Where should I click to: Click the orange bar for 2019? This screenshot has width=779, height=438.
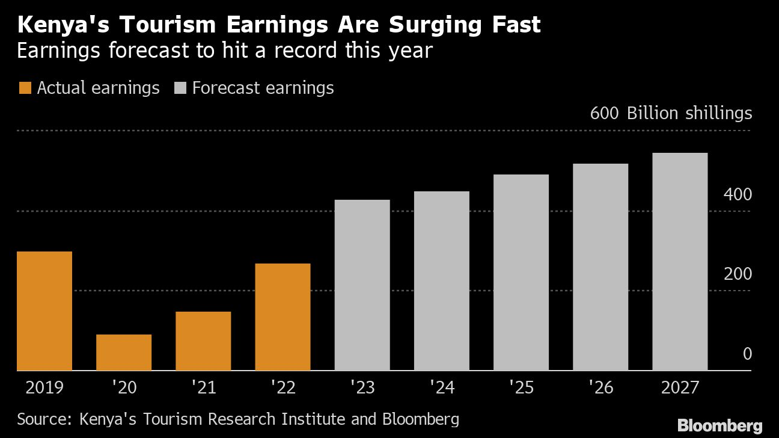pyautogui.click(x=44, y=310)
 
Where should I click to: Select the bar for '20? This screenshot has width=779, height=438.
pyautogui.click(x=124, y=352)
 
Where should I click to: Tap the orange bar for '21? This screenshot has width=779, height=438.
pyautogui.click(x=203, y=341)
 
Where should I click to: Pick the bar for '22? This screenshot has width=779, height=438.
pyautogui.click(x=283, y=316)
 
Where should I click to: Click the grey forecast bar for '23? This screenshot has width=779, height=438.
pyautogui.click(x=362, y=285)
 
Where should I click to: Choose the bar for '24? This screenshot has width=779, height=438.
pyautogui.click(x=441, y=280)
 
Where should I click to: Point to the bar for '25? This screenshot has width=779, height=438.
pyautogui.click(x=521, y=272)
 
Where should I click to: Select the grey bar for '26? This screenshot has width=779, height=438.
pyautogui.click(x=600, y=267)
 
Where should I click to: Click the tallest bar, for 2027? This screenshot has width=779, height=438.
pyautogui.click(x=679, y=261)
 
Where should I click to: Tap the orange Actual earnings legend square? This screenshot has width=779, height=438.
pyautogui.click(x=25, y=88)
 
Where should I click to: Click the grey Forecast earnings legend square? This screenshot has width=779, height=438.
pyautogui.click(x=180, y=88)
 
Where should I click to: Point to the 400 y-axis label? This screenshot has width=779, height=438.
pyautogui.click(x=738, y=194)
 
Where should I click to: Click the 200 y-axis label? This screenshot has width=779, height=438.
pyautogui.click(x=738, y=274)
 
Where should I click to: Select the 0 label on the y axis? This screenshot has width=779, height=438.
pyautogui.click(x=747, y=354)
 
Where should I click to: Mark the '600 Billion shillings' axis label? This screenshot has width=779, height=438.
pyautogui.click(x=671, y=113)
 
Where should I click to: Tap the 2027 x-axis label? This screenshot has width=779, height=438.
pyautogui.click(x=680, y=387)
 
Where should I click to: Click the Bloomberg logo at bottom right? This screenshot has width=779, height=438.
pyautogui.click(x=720, y=425)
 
